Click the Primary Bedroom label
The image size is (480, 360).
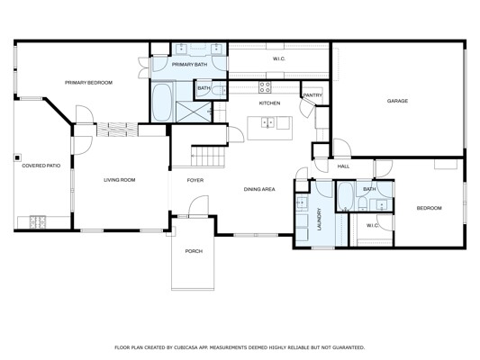(x=88, y=83)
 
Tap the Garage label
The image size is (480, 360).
(x=397, y=101)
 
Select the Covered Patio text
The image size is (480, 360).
(x=41, y=166)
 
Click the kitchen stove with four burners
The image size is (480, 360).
(x=265, y=87)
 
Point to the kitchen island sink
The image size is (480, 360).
(x=268, y=122)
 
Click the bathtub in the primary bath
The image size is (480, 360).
(x=162, y=103)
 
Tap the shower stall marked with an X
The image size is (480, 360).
(x=194, y=112)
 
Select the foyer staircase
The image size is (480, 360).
(x=208, y=157)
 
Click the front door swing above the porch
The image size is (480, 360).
(x=198, y=205)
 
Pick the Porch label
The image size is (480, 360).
(x=194, y=251)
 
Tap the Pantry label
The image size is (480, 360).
(x=312, y=95)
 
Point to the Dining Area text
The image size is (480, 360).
(x=259, y=189)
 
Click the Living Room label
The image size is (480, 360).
(x=120, y=180)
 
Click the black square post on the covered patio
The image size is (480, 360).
(x=17, y=157)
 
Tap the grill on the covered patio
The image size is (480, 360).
(x=38, y=222)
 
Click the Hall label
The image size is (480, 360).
(x=343, y=166)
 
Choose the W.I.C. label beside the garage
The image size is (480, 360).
(x=279, y=58)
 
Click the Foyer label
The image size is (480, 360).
(x=195, y=180)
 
